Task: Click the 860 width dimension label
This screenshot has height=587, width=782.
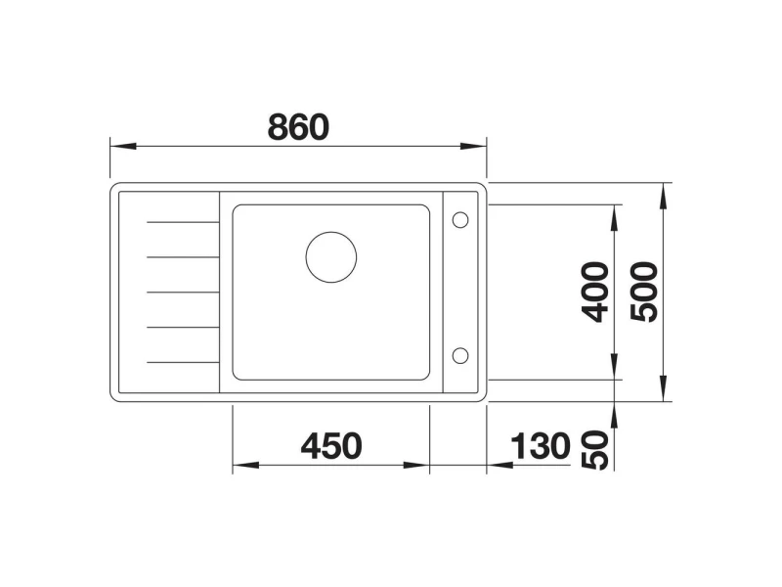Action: point(298,127)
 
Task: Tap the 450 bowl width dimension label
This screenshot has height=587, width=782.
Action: point(331,446)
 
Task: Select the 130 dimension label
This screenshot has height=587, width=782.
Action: point(541,446)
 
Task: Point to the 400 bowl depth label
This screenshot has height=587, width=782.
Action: point(595,292)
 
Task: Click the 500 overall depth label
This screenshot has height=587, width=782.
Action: point(644,292)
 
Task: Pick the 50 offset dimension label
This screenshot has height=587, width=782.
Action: point(595,450)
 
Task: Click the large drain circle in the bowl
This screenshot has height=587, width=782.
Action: point(331,257)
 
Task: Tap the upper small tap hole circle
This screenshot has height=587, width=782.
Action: point(459,219)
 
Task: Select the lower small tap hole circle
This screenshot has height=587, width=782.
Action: point(459,356)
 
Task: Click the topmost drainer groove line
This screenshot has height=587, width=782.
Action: point(183,222)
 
